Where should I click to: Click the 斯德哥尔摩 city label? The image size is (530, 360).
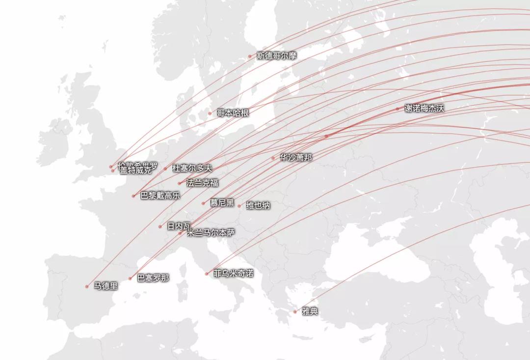pyautogui.click(x=276, y=55)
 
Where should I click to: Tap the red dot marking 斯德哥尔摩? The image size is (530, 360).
pyautogui.click(x=250, y=56)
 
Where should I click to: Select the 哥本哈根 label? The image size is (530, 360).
pyautogui.click(x=233, y=113)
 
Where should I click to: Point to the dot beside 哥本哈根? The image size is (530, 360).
pyautogui.click(x=210, y=113)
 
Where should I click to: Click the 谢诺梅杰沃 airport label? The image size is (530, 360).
pyautogui.click(x=424, y=109)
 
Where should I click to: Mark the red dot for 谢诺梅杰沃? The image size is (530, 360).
pyautogui.click(x=398, y=109)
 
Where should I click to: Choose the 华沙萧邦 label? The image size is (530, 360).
pyautogui.click(x=295, y=158)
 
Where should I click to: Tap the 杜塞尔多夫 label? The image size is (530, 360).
pyautogui.click(x=192, y=168)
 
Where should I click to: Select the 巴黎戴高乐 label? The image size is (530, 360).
pyautogui.click(x=160, y=195)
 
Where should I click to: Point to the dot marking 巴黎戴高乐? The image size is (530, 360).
pyautogui.click(x=133, y=196)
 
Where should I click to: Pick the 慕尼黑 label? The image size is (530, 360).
pyautogui.click(x=222, y=203)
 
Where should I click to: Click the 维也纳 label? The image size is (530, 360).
pyautogui.click(x=258, y=205)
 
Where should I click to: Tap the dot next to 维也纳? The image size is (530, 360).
pyautogui.click(x=239, y=206)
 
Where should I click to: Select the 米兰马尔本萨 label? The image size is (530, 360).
pyautogui.click(x=211, y=233)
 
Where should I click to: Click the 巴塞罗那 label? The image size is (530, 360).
pyautogui.click(x=153, y=278)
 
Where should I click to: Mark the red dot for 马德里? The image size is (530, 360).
pyautogui.click(x=87, y=286)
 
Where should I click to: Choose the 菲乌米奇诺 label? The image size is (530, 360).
pyautogui.click(x=233, y=273)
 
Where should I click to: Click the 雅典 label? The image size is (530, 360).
pyautogui.click(x=310, y=311)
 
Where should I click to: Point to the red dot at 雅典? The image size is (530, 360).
pyautogui.click(x=295, y=312)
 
